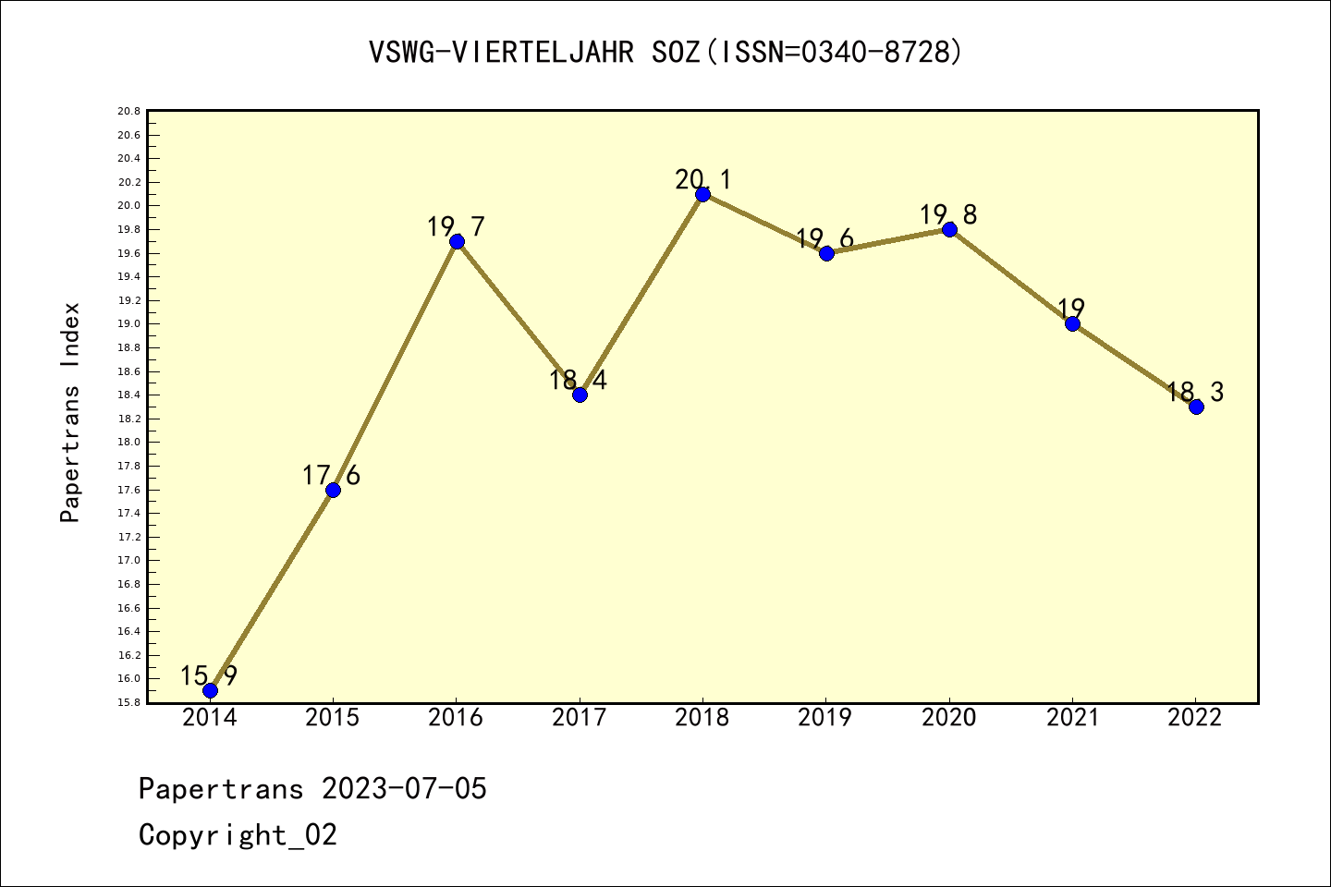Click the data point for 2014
(x=210, y=690)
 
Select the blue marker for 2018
(x=702, y=194)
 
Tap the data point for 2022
(x=1196, y=407)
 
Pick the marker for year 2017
(x=580, y=395)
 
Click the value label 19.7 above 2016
(x=456, y=227)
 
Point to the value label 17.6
(x=331, y=476)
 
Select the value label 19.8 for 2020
(x=948, y=215)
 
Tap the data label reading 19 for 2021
(x=1071, y=309)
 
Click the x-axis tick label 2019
(x=825, y=718)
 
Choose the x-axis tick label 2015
(x=333, y=718)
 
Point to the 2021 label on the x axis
(x=1072, y=718)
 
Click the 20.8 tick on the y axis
(x=128, y=112)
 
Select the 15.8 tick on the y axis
(x=128, y=702)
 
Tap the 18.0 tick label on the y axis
(x=128, y=443)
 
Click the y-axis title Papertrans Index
(x=70, y=412)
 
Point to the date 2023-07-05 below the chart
(x=404, y=789)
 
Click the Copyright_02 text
(x=238, y=835)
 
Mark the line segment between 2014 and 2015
(x=272, y=589)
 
